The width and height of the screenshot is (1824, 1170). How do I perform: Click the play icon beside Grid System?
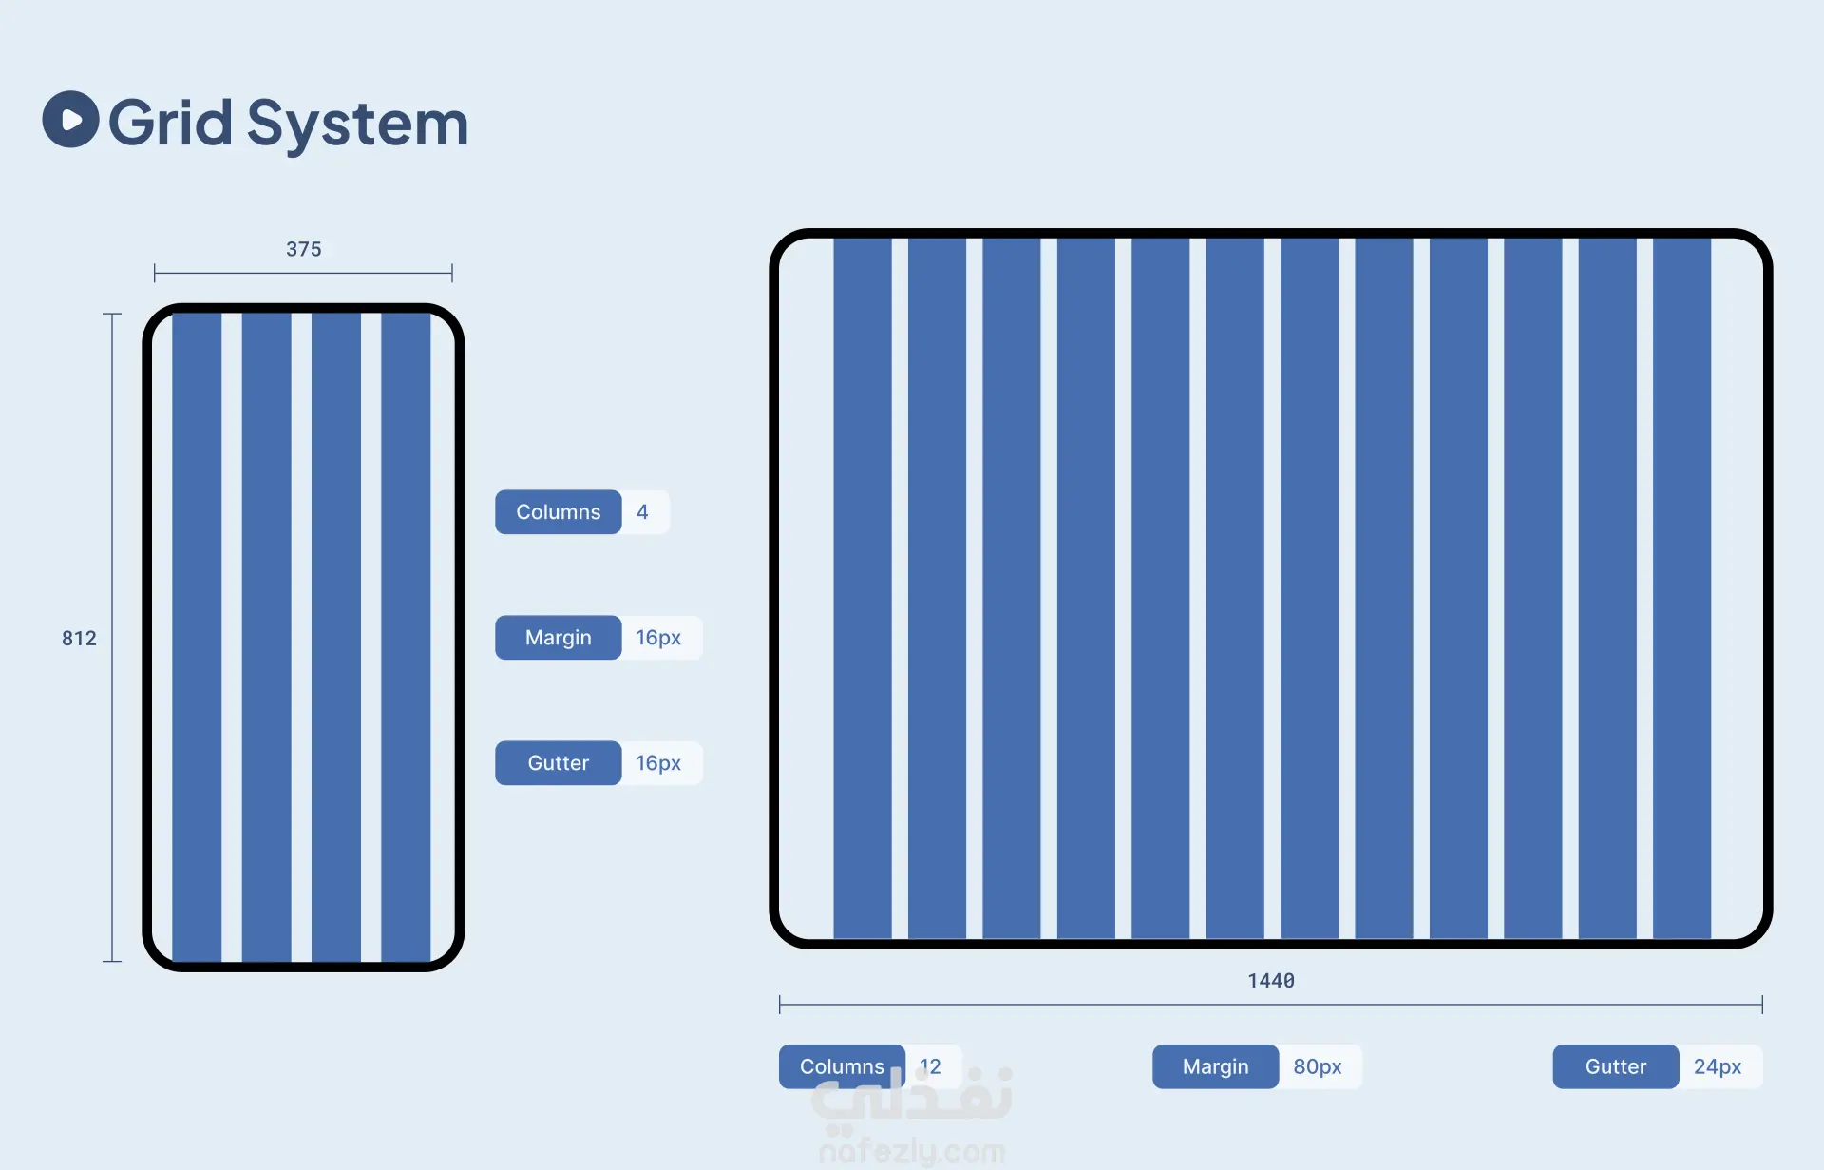click(70, 120)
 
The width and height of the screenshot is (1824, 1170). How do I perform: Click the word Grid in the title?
click(170, 123)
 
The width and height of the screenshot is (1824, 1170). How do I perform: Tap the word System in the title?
click(357, 125)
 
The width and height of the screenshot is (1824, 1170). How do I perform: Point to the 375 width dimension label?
click(304, 249)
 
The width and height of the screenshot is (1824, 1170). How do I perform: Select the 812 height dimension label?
click(79, 639)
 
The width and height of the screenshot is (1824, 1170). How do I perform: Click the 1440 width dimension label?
click(1271, 981)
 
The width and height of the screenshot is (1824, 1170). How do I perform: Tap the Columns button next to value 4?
click(559, 512)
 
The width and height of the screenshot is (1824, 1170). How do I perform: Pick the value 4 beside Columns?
click(643, 512)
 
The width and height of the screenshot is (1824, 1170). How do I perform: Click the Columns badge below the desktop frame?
click(842, 1066)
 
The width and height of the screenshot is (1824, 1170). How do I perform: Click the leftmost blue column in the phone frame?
click(197, 637)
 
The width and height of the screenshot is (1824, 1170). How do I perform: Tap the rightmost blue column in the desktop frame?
click(1681, 587)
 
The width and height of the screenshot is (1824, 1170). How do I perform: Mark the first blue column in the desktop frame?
click(863, 587)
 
